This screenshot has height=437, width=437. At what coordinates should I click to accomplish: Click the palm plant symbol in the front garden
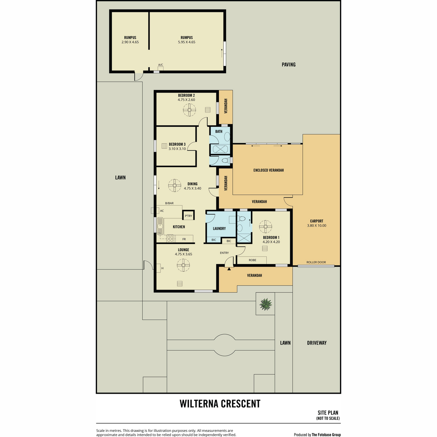[x=265, y=304]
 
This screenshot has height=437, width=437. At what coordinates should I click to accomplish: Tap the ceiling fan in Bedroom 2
[x=189, y=110]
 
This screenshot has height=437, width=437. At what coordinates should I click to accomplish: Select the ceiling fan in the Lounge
[x=183, y=265]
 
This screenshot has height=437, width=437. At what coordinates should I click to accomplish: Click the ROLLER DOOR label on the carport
[x=316, y=262]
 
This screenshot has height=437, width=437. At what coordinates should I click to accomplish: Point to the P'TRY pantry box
[x=188, y=216]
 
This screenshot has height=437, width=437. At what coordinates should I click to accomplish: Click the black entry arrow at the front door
[x=229, y=269]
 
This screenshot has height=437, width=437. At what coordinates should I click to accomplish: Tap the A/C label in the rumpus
[x=161, y=65]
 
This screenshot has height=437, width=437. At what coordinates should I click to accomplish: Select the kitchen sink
[x=161, y=226]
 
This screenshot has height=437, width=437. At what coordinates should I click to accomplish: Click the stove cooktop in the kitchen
[x=170, y=238]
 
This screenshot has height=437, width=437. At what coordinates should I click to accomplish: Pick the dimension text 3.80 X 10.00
[x=316, y=225]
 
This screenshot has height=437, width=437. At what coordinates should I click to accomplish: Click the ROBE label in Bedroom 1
[x=252, y=260]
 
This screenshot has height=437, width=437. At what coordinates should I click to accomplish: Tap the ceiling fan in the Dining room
[x=175, y=185]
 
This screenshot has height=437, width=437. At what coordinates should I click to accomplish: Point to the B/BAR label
[x=169, y=203]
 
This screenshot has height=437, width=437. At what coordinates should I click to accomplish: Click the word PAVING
[x=288, y=64]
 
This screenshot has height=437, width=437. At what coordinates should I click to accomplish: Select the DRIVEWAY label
[x=317, y=343]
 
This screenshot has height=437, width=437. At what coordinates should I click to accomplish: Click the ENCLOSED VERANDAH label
[x=268, y=170]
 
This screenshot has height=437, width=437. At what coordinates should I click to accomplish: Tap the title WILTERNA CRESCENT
[x=220, y=403]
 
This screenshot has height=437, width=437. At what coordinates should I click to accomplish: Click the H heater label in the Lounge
[x=162, y=268]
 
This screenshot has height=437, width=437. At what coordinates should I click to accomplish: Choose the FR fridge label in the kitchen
[x=184, y=239]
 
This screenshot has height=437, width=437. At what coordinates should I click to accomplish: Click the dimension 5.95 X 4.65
[x=187, y=42]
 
